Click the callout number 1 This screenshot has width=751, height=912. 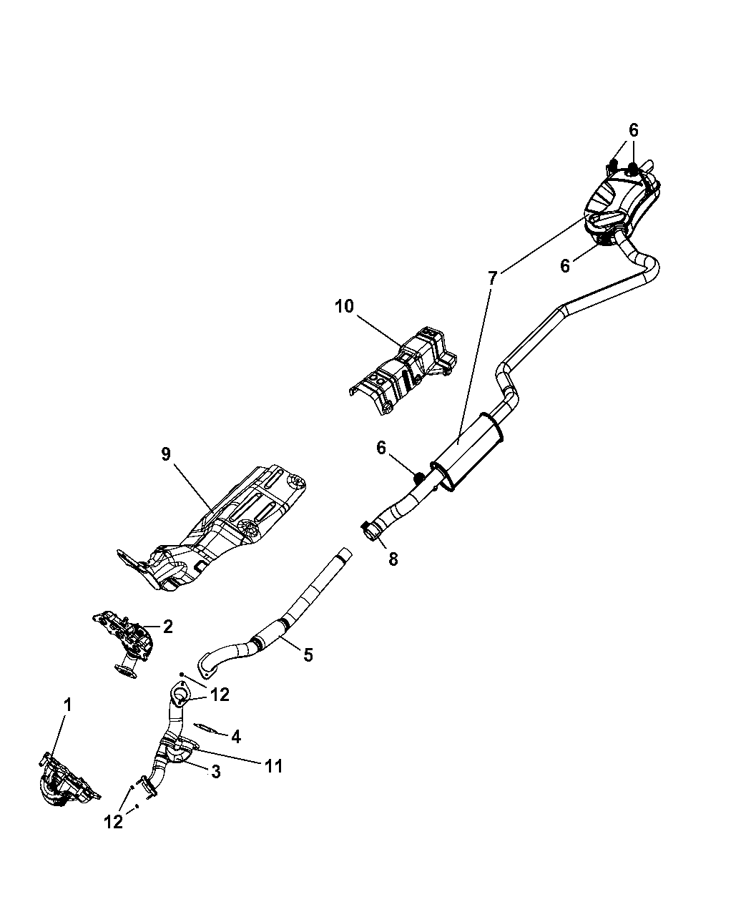pos(67,705)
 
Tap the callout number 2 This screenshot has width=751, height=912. pos(168,627)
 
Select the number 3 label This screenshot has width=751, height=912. pos(214,771)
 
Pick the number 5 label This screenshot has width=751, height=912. pos(308,654)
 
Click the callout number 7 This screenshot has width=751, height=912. pos(492,279)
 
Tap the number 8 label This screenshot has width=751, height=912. pos(393,559)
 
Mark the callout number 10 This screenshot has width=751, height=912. pos(344,306)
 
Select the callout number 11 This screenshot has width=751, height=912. pos(273,766)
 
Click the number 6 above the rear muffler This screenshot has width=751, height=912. pos(634,130)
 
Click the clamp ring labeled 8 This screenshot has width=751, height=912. pos(370,531)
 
